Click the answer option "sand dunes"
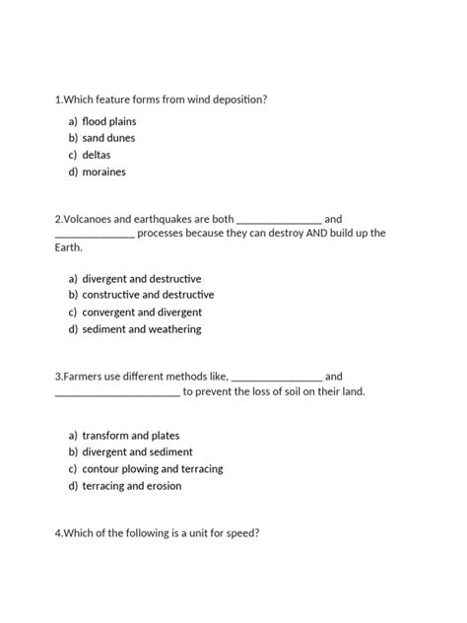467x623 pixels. point(108,138)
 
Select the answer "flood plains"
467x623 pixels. point(110,120)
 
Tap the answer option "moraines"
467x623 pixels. point(103,173)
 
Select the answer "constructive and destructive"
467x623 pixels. point(148,295)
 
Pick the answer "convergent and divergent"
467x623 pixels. point(142,312)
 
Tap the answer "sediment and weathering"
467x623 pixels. point(141,329)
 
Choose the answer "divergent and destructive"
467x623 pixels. point(142,278)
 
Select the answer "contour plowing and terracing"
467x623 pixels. point(153,469)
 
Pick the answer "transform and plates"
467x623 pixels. point(130,436)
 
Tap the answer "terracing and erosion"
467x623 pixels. point(132,486)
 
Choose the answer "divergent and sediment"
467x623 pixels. point(137,452)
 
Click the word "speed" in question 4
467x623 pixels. point(235,533)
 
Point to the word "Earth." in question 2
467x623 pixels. point(69,248)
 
